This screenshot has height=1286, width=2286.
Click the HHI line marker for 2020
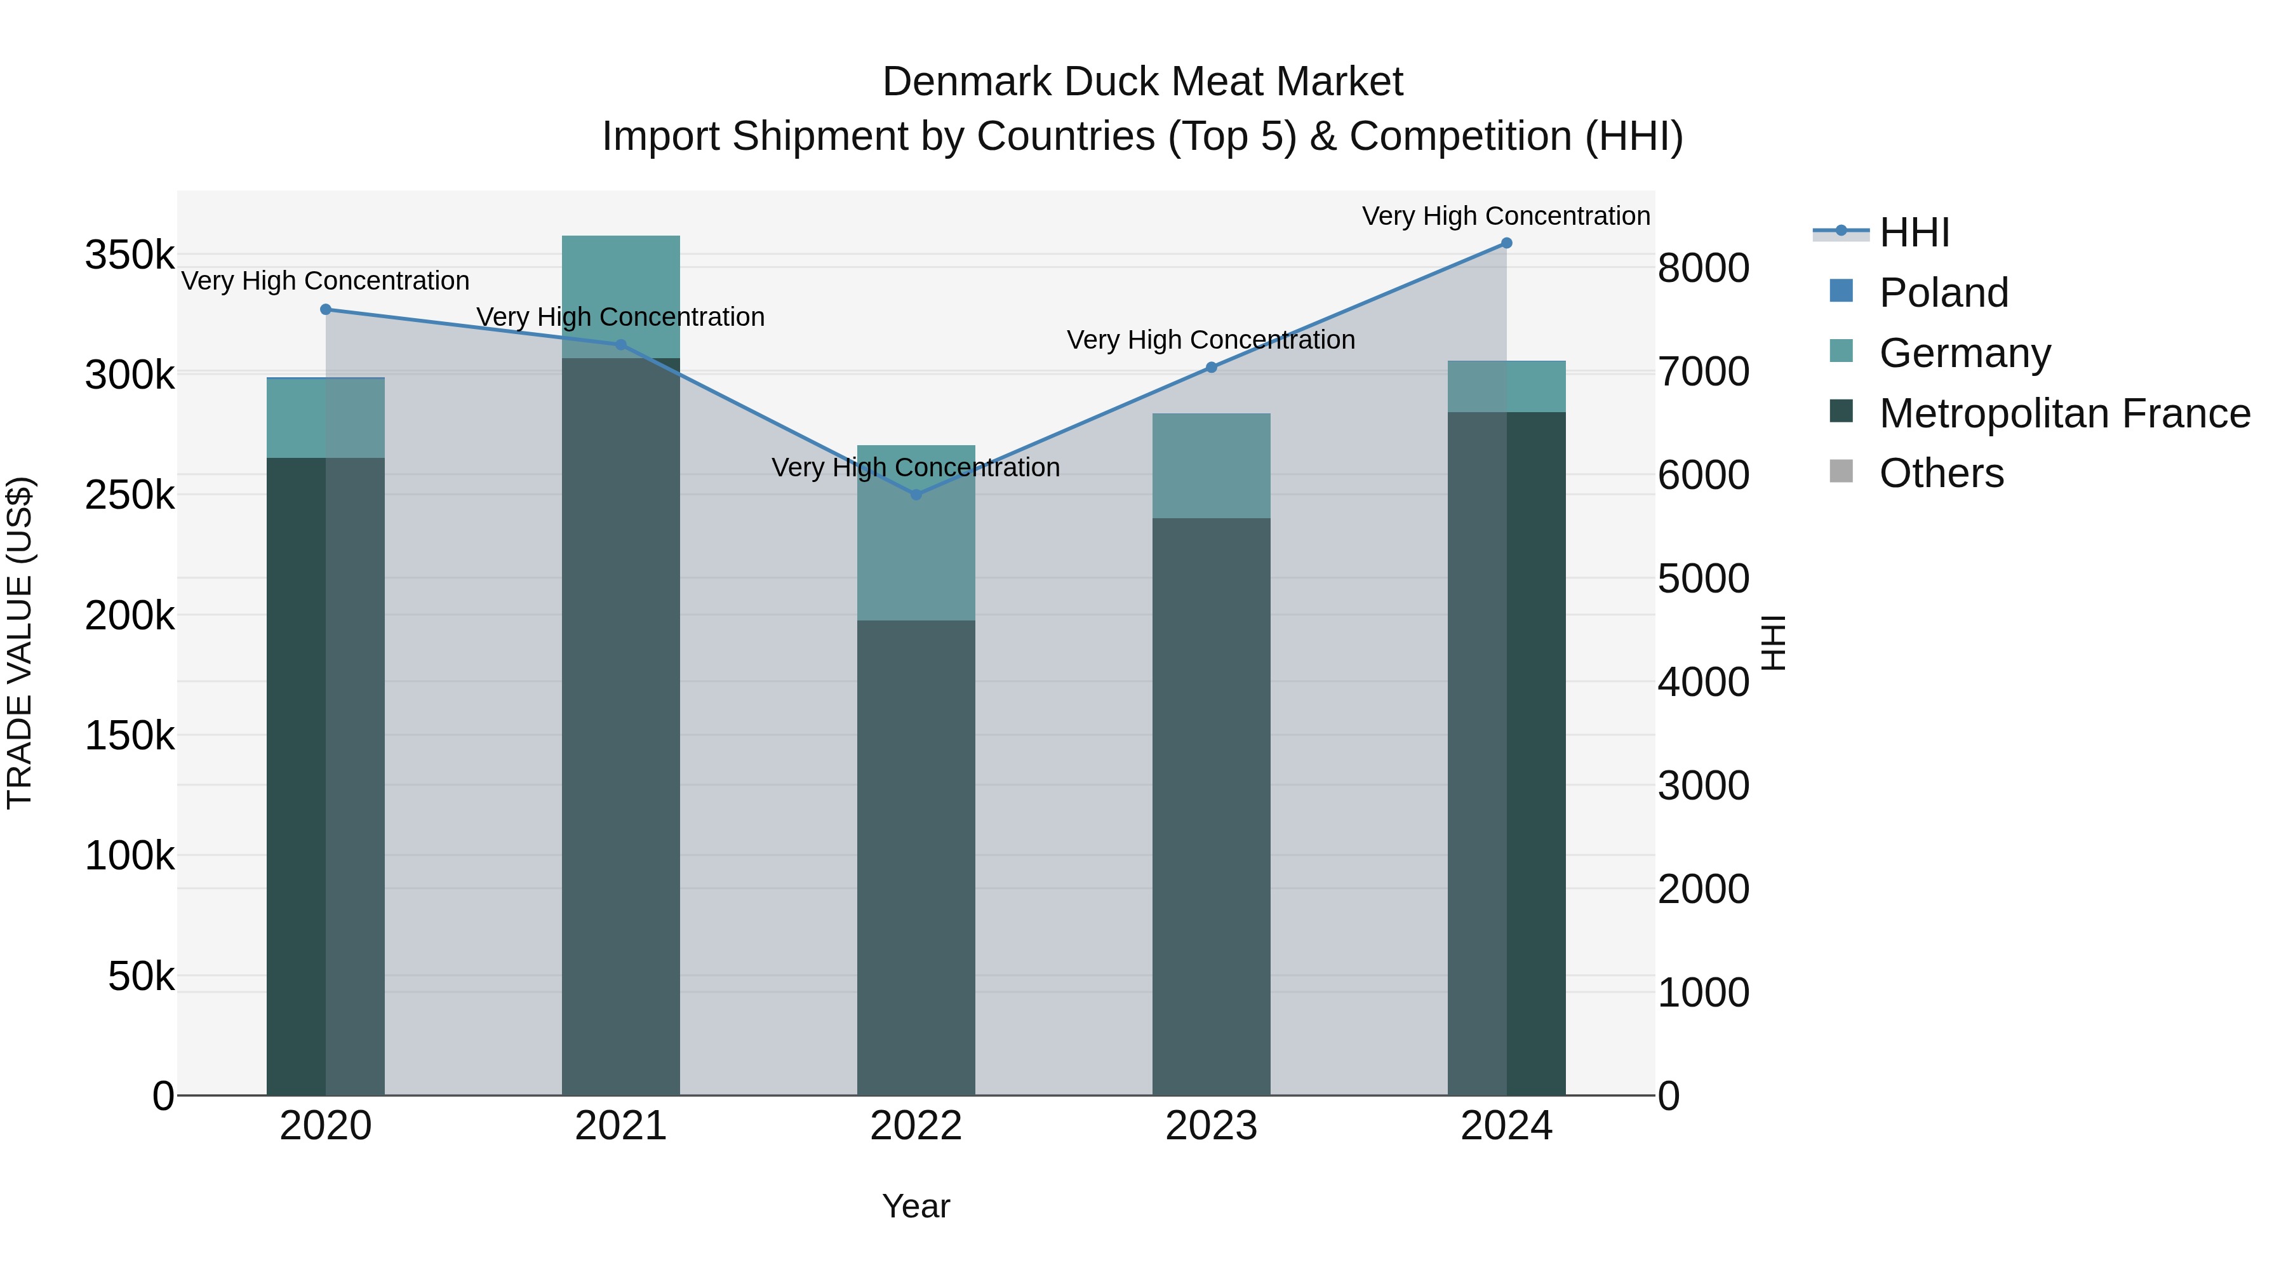326,310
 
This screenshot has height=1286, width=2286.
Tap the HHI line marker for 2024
1506,243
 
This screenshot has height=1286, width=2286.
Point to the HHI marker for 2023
1212,368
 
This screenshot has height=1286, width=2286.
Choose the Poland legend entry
1944,293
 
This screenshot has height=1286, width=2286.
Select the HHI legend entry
1914,232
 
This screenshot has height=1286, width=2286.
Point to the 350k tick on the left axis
130,255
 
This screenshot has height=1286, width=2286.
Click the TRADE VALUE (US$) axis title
20,643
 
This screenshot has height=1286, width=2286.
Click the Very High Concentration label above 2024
1506,217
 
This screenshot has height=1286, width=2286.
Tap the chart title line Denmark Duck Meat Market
1142,83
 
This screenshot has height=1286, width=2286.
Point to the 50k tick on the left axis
141,977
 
